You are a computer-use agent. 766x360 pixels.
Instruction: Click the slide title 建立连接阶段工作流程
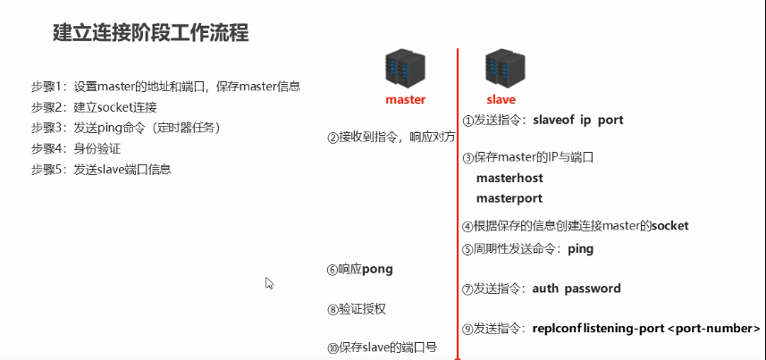pos(150,34)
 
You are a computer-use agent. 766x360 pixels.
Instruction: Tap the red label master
pos(405,100)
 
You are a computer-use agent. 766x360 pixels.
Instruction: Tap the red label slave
pos(501,100)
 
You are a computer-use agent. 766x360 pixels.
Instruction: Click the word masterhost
pos(509,178)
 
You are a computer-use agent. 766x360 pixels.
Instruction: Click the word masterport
pos(509,197)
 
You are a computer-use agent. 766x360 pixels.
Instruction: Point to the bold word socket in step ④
pos(669,226)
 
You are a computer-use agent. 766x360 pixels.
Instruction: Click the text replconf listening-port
pos(598,328)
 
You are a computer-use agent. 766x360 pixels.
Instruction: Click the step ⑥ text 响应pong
pos(365,269)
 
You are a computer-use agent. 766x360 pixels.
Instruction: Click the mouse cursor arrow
pos(269,283)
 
